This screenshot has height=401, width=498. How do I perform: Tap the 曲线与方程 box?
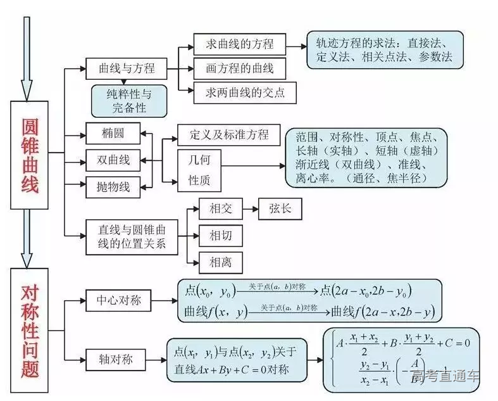coord(127,68)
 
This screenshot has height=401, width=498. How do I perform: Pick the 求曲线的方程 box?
coord(240,44)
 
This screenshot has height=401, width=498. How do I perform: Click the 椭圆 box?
coord(112,134)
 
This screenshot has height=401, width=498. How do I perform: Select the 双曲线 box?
coord(113,160)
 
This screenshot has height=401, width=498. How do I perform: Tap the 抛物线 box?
coord(113,186)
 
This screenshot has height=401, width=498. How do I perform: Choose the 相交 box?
coord(220,210)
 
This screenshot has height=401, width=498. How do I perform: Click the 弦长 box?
coord(279,210)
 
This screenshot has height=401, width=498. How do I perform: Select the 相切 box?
coord(220,236)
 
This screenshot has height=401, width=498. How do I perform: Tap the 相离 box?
coord(220,261)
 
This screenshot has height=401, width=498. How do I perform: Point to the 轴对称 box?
coord(118,359)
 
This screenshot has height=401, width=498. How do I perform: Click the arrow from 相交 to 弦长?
coord(250,210)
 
